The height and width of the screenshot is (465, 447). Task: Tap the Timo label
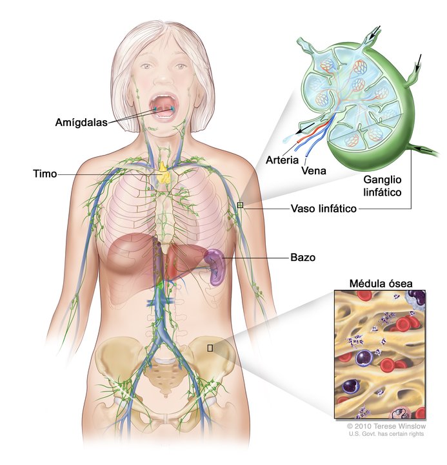click(45, 174)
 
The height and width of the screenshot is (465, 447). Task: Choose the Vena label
click(312, 172)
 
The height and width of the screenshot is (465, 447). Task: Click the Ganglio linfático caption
click(382, 185)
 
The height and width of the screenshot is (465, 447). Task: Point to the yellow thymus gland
click(164, 172)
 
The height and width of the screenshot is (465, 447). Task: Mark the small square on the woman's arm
click(240, 205)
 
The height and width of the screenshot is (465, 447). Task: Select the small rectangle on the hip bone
click(210, 347)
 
